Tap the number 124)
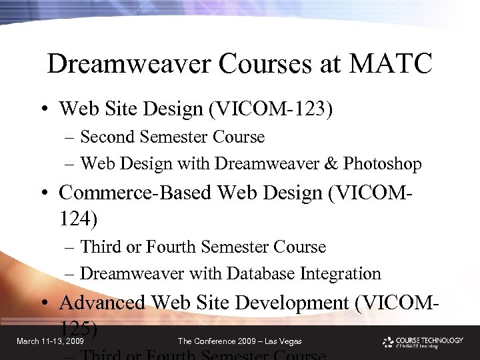coord(79,217)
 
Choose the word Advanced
coord(101,303)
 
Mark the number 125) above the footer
coord(79,328)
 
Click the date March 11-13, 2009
coord(50,341)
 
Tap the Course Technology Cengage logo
coord(423,342)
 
